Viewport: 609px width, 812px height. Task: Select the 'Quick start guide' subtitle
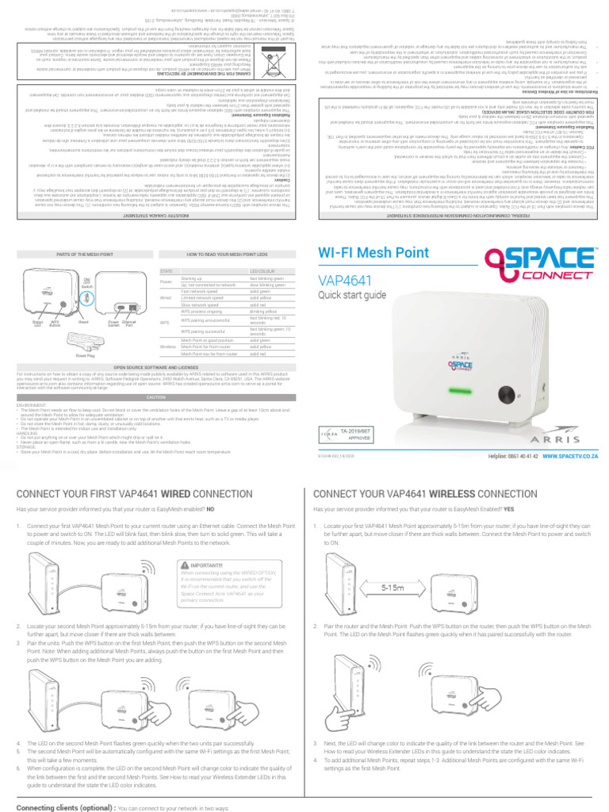tap(352, 295)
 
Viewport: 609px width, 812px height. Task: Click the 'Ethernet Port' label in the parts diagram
tap(130, 324)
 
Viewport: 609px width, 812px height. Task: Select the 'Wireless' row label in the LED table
tap(168, 346)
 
